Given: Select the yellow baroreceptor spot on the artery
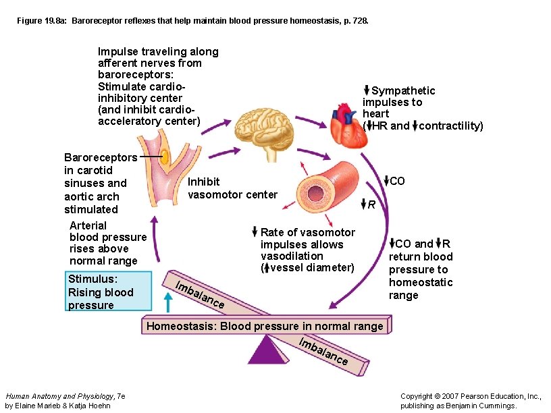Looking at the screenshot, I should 164,157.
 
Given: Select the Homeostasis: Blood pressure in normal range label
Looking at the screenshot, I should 265,326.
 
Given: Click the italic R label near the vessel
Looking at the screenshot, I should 371,204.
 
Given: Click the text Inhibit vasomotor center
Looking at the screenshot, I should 232,188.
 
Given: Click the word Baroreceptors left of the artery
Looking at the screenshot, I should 100,157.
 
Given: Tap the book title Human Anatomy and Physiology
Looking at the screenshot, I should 60,396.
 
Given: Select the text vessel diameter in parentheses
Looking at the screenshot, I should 311,267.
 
